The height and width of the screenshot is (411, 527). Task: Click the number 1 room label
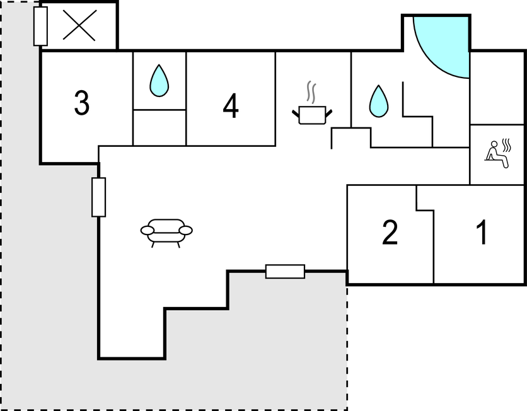click(x=482, y=233)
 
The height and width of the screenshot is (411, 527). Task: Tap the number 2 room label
click(x=390, y=233)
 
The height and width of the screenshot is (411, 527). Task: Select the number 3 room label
click(x=81, y=103)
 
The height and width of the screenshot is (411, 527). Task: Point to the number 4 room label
click(x=231, y=106)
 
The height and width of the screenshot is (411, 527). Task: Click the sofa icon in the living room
click(x=166, y=231)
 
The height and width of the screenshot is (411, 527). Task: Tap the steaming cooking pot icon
click(x=312, y=114)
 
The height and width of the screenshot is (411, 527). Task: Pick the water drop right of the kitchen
click(x=378, y=101)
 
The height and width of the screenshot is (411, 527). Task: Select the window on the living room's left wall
click(x=98, y=197)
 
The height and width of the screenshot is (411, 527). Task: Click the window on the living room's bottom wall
click(x=285, y=272)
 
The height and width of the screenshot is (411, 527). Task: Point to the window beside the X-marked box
click(x=40, y=26)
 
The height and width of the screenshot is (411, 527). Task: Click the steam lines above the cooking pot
click(x=311, y=92)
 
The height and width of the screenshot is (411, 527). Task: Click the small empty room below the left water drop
click(x=159, y=127)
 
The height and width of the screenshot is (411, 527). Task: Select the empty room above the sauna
click(x=498, y=88)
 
